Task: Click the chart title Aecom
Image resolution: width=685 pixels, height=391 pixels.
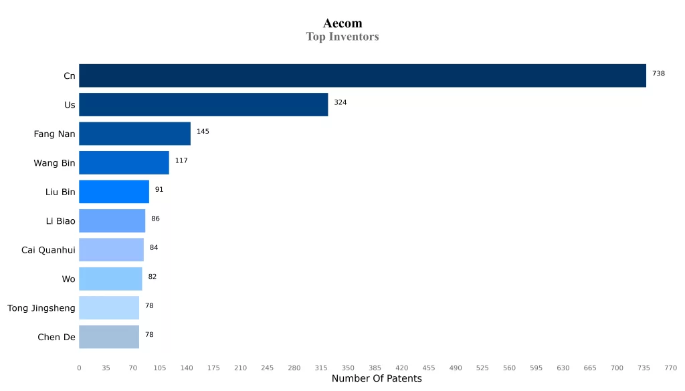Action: pyautogui.click(x=342, y=23)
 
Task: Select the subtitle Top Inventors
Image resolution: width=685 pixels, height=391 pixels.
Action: pyautogui.click(x=342, y=37)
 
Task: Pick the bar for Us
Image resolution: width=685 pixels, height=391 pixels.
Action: pyautogui.click(x=203, y=105)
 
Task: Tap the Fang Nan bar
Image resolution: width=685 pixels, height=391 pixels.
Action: pyautogui.click(x=134, y=134)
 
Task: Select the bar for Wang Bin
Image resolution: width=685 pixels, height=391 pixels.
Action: pyautogui.click(x=124, y=162)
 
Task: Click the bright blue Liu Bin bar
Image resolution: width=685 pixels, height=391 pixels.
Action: pyautogui.click(x=114, y=192)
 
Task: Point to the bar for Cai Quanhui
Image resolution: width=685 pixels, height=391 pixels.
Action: pyautogui.click(x=111, y=250)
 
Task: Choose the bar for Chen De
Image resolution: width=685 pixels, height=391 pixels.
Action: pyautogui.click(x=109, y=337)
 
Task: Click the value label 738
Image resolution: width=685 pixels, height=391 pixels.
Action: pyautogui.click(x=658, y=74)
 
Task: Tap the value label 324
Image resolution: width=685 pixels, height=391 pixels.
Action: pyautogui.click(x=340, y=102)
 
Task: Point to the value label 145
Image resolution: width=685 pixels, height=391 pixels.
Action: pyautogui.click(x=203, y=132)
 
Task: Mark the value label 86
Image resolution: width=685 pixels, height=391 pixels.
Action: pyautogui.click(x=155, y=219)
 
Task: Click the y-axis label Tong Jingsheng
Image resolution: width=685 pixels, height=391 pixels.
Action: pyautogui.click(x=41, y=308)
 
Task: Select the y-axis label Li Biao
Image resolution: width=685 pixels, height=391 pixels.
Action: pyautogui.click(x=60, y=221)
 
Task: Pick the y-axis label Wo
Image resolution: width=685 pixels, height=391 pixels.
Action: pyautogui.click(x=69, y=279)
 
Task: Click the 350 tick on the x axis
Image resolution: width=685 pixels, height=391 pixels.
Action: pyautogui.click(x=348, y=368)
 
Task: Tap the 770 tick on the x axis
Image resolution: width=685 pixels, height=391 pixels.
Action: pyautogui.click(x=670, y=368)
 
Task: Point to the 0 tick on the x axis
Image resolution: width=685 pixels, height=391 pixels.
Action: pyautogui.click(x=79, y=368)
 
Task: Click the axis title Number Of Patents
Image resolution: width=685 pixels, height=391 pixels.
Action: pyautogui.click(x=377, y=379)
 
